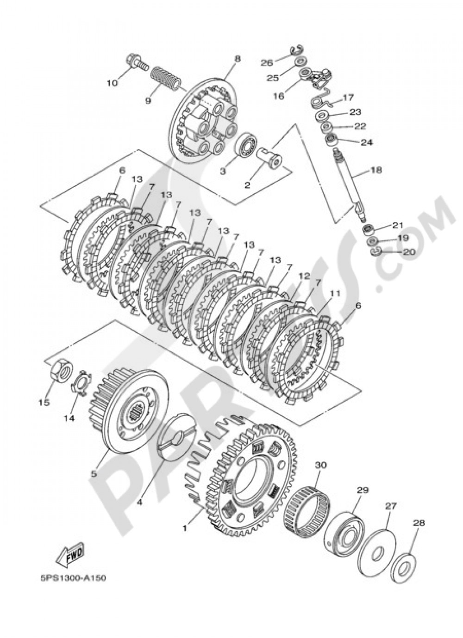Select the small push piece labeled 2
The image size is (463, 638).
[271, 158]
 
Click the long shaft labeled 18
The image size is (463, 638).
[350, 187]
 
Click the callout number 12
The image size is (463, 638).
[304, 276]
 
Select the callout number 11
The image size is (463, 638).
[334, 293]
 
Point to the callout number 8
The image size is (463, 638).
[237, 59]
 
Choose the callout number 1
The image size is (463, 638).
[185, 528]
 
